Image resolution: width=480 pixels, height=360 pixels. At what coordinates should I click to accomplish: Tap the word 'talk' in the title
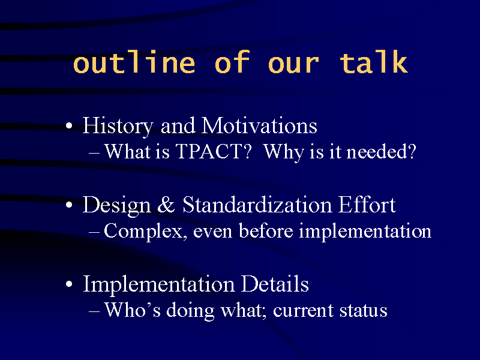pyautogui.click(x=374, y=62)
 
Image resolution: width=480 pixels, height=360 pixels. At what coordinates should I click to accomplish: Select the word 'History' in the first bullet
pyautogui.click(x=118, y=127)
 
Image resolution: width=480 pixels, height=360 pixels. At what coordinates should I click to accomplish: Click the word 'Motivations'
pyautogui.click(x=259, y=125)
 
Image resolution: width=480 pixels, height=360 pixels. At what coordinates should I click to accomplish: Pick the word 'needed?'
pyautogui.click(x=381, y=151)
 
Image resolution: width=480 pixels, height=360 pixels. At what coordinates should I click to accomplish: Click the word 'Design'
pyautogui.click(x=116, y=205)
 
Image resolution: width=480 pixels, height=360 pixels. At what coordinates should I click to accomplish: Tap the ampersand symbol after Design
pyautogui.click(x=166, y=205)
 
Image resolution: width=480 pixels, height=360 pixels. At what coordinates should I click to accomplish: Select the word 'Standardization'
pyautogui.click(x=257, y=205)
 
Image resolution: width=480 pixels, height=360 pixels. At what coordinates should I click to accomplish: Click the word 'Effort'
pyautogui.click(x=367, y=205)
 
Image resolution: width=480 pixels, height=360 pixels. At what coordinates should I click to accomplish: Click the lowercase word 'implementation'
pyautogui.click(x=365, y=231)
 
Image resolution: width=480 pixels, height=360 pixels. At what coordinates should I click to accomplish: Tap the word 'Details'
pyautogui.click(x=275, y=283)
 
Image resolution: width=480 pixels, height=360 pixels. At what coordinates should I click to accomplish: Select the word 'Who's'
pyautogui.click(x=132, y=310)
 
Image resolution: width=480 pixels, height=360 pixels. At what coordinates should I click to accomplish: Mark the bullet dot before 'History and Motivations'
pyautogui.click(x=69, y=126)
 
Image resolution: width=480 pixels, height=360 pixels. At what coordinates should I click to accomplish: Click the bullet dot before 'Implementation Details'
pyautogui.click(x=69, y=284)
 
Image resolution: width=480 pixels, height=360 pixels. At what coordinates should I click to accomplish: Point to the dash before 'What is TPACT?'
pyautogui.click(x=94, y=152)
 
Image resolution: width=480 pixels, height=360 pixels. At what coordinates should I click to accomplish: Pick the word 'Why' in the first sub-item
pyautogui.click(x=283, y=152)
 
